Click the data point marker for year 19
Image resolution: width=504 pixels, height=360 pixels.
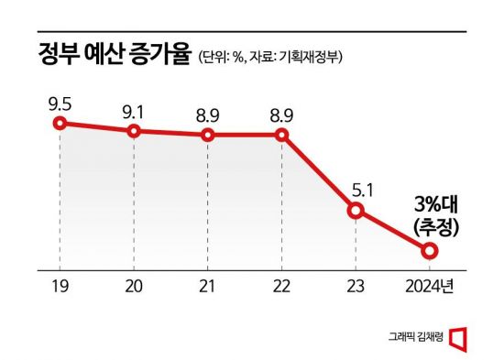pyautogui.click(x=60, y=123)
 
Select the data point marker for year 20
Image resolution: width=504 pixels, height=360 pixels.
pyautogui.click(x=134, y=131)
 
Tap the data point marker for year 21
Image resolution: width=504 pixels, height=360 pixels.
pyautogui.click(x=208, y=136)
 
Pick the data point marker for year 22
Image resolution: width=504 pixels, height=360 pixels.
pyautogui.click(x=281, y=136)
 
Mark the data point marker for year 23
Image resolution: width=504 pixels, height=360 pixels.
pyautogui.click(x=356, y=212)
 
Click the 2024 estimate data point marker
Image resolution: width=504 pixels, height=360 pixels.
pyautogui.click(x=430, y=249)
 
